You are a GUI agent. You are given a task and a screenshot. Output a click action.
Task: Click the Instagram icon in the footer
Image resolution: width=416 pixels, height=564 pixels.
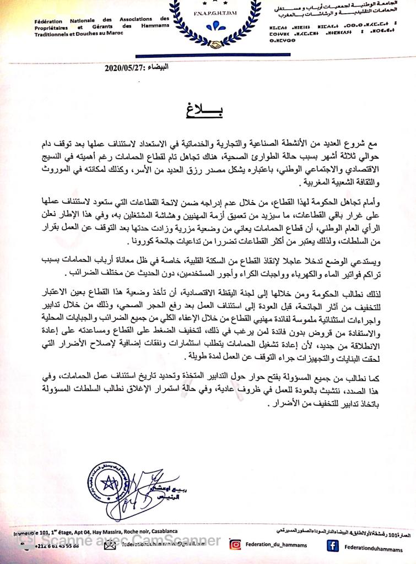click(235, 544)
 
